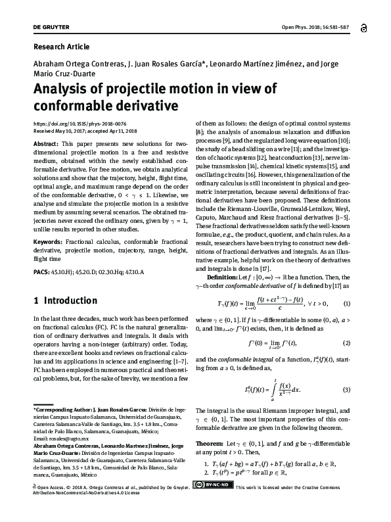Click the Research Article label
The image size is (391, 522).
[x=61, y=47]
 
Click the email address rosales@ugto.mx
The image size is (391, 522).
[x=55, y=437]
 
